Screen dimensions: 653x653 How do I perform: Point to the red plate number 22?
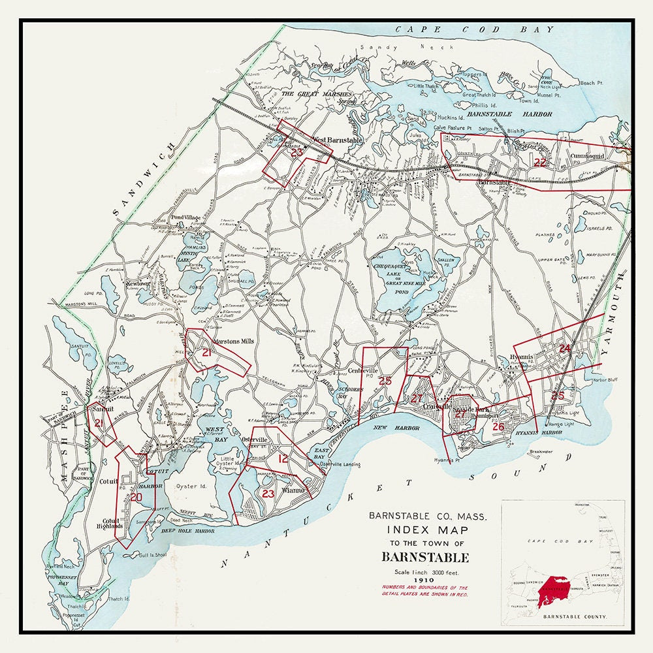tap(540, 162)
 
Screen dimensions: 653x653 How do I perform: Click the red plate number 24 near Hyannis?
tap(565, 349)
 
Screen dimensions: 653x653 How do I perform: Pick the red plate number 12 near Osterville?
tap(283, 459)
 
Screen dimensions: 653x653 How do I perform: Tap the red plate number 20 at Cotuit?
tap(136, 497)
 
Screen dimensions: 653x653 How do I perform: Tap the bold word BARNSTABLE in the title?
tap(425, 558)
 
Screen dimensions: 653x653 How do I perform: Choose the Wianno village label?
tap(293, 490)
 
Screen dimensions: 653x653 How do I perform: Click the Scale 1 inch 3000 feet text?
tap(425, 570)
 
